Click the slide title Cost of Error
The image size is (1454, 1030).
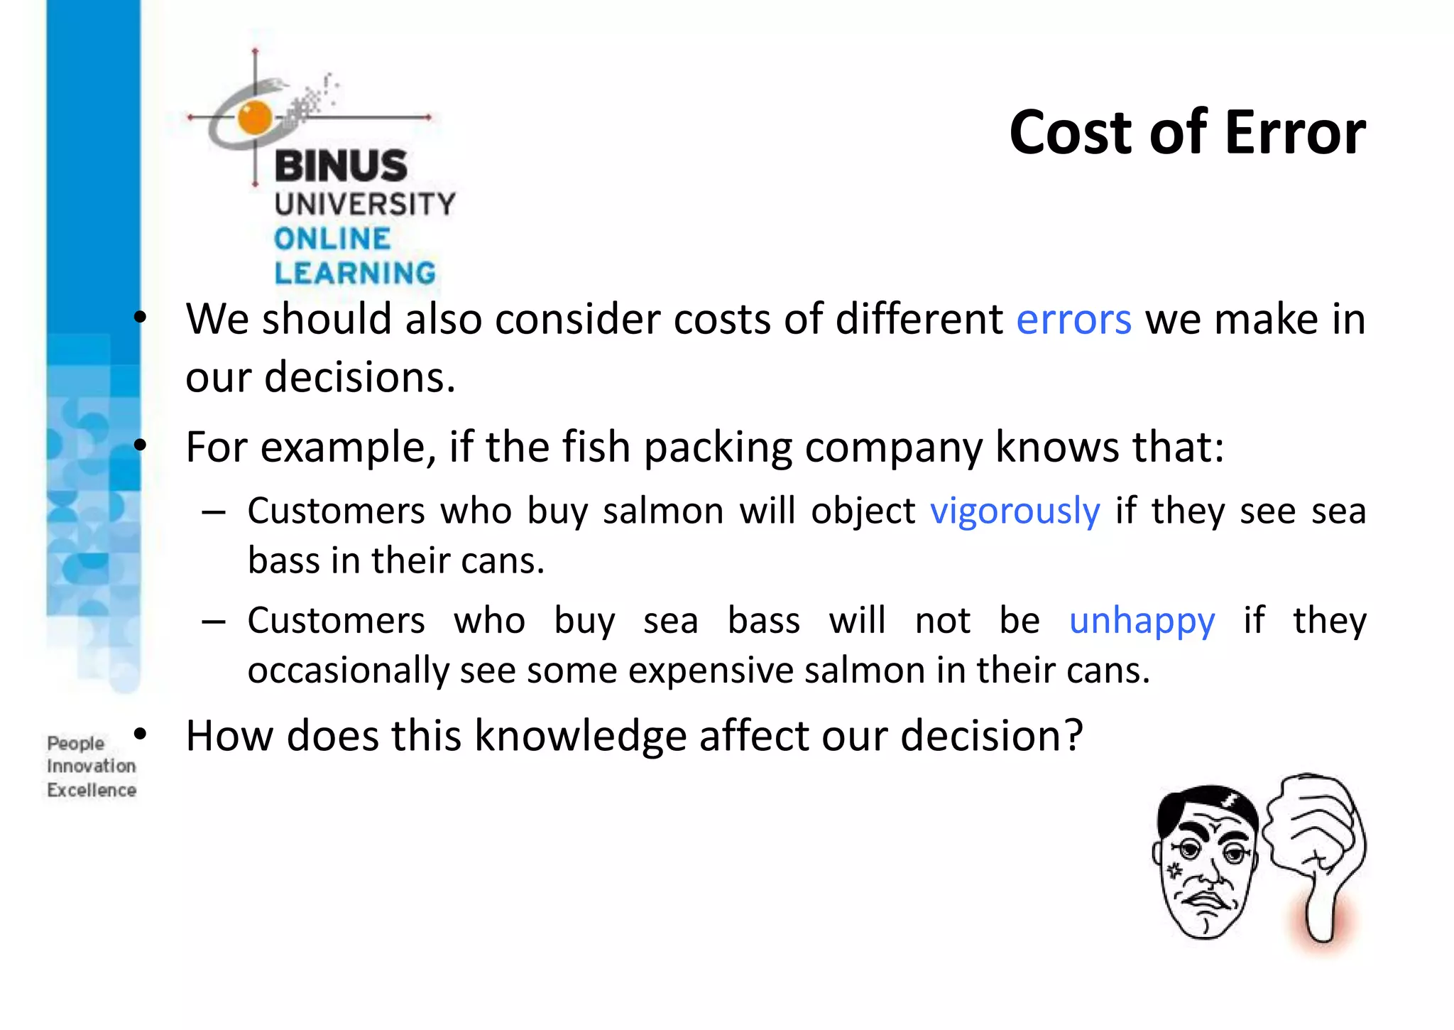point(1187,133)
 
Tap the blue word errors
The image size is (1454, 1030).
point(1073,320)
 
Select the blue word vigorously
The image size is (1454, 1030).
point(1015,512)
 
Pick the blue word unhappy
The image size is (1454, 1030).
point(1142,622)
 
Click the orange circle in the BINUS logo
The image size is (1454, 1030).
point(255,117)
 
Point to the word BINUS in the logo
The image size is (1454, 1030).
point(341,166)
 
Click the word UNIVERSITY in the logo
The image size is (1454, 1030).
point(365,205)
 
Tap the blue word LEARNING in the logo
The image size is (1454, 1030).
point(355,273)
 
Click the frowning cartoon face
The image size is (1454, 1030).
point(1206,863)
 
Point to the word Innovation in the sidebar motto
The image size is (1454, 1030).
point(92,766)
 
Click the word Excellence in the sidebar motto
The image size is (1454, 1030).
point(92,791)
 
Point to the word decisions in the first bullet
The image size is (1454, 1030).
point(359,377)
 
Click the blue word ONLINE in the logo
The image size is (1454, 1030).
point(332,239)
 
